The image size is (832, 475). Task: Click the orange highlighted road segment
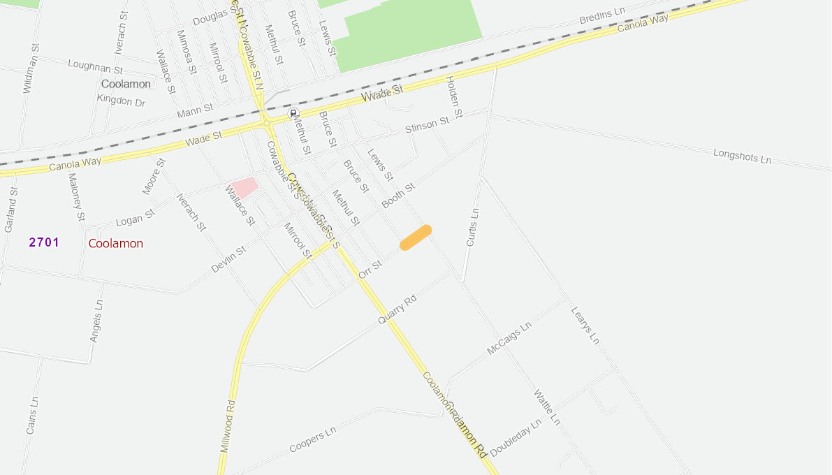coord(416,237)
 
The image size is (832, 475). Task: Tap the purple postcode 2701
coord(44,242)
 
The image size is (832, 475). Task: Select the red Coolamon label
coord(116,244)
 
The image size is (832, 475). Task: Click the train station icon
coord(293,113)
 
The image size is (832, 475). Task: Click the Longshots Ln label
coord(742,156)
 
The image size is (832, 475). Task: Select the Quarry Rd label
coord(397,310)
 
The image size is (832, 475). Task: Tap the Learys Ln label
coord(585,326)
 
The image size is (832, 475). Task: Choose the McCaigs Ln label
coord(509,338)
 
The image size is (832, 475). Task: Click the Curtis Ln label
coord(473,227)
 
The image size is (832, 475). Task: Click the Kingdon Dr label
coord(121,101)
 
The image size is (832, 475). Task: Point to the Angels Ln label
coord(96,321)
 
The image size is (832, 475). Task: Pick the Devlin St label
coord(228,259)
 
